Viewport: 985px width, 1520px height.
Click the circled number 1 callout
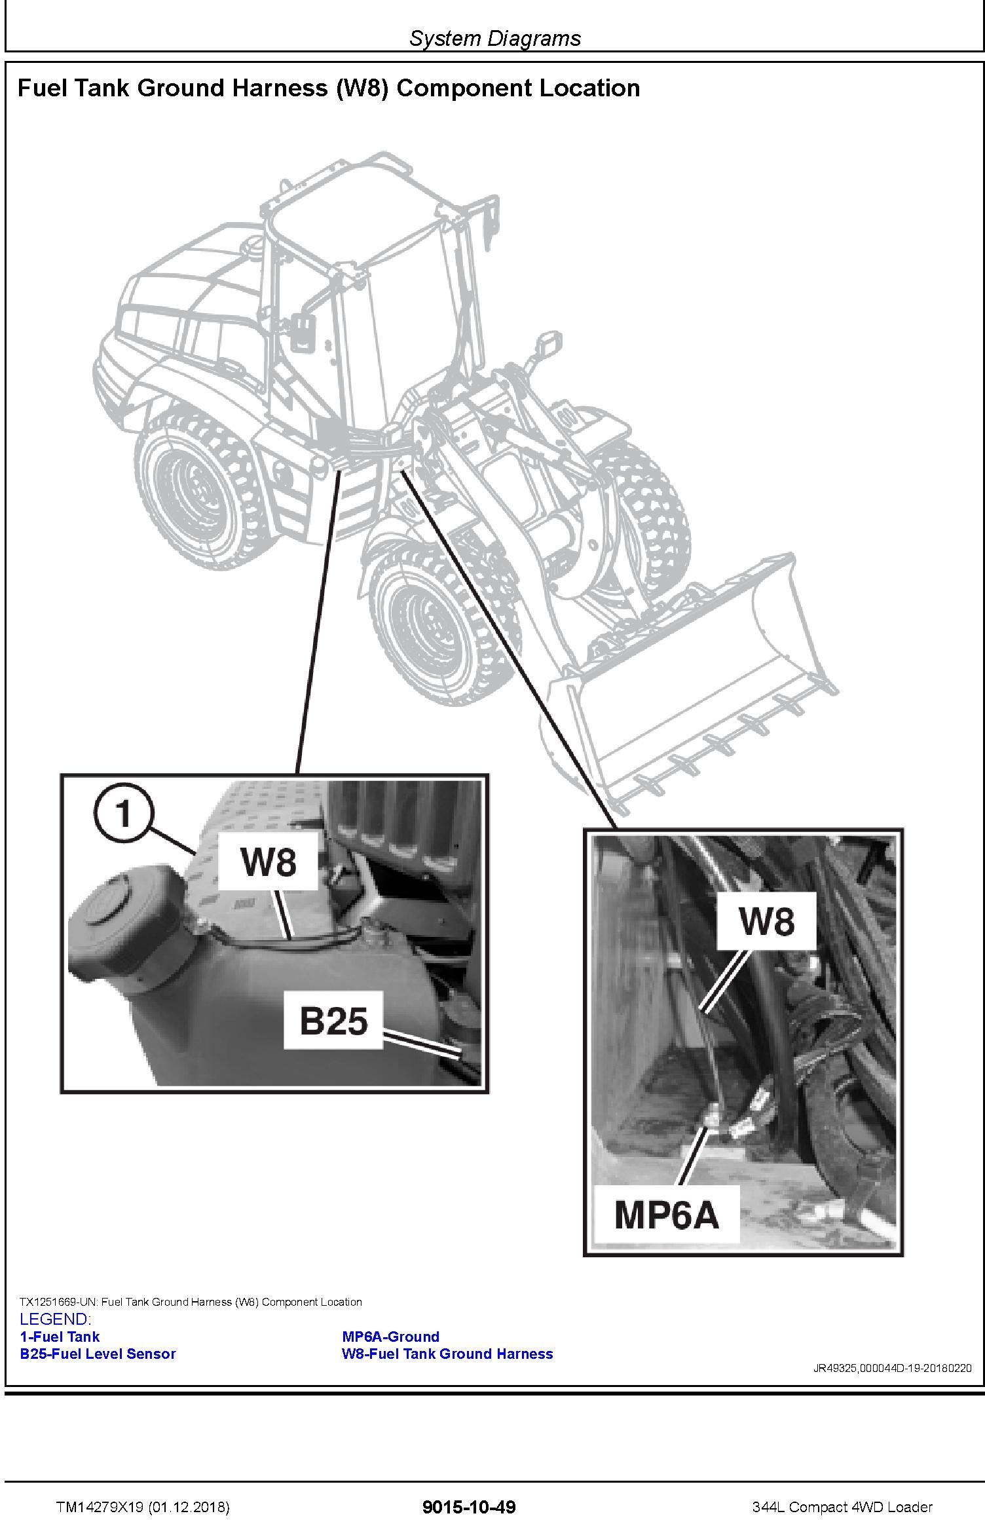point(122,814)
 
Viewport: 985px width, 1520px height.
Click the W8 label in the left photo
point(268,861)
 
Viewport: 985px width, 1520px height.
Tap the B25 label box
point(333,1020)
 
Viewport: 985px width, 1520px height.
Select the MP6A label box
point(666,1215)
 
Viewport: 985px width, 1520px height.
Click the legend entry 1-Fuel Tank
point(60,1337)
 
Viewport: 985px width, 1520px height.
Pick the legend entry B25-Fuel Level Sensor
point(98,1354)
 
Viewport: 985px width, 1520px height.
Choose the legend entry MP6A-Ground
point(390,1337)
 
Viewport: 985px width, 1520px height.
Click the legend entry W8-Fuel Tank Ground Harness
point(447,1354)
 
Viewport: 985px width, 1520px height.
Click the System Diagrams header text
point(495,38)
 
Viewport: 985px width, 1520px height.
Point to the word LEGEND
point(55,1320)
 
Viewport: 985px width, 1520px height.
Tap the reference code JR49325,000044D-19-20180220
point(892,1368)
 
